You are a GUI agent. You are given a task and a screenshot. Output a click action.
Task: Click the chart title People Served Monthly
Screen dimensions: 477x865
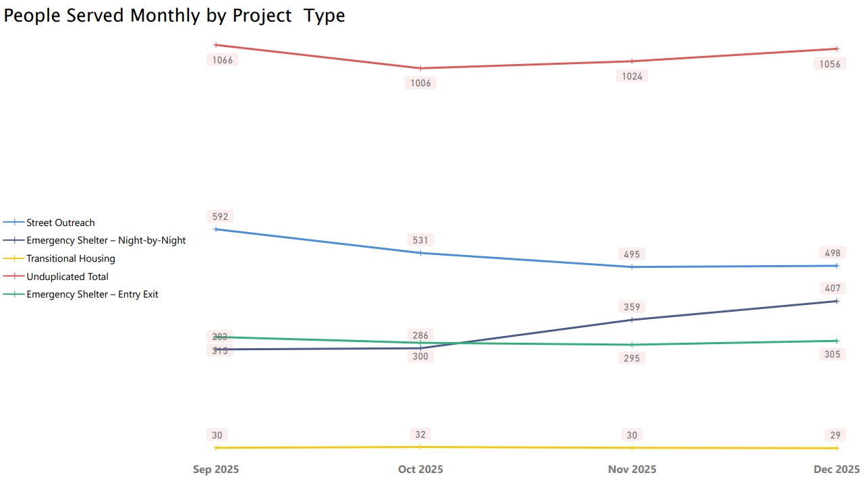pos(174,16)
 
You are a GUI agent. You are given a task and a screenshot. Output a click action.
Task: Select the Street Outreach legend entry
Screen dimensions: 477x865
pos(60,223)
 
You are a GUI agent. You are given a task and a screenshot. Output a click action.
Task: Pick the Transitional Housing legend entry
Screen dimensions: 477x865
pos(70,258)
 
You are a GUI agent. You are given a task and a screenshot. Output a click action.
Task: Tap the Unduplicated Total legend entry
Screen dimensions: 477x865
pos(67,277)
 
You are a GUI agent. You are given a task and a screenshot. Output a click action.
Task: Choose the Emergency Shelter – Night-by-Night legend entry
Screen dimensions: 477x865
pos(105,240)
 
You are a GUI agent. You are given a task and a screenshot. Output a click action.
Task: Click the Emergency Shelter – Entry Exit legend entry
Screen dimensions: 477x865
pos(92,294)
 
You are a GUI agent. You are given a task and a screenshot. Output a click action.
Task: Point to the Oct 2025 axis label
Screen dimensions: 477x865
pos(420,470)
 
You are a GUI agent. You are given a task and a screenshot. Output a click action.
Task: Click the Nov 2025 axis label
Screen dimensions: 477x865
pos(632,470)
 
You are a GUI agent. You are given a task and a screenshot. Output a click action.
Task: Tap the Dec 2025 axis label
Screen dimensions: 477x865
pos(837,470)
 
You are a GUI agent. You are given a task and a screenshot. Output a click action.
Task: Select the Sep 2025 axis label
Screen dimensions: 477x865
pos(216,470)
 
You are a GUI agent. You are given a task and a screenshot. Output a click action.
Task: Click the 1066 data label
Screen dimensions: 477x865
pos(222,60)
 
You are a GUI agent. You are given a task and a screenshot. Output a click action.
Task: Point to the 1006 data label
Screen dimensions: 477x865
pos(420,83)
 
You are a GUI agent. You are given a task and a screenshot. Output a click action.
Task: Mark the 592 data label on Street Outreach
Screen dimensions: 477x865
pos(220,217)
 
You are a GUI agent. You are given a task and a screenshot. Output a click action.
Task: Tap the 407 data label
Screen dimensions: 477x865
pos(833,288)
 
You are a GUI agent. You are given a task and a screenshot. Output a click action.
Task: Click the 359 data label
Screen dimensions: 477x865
pos(632,307)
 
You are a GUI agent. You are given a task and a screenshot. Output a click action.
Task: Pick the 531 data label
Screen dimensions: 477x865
pos(420,240)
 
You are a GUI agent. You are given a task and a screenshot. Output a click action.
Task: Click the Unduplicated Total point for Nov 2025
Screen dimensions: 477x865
pos(632,61)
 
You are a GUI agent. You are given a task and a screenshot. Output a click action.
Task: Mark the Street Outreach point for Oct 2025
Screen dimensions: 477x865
pos(420,253)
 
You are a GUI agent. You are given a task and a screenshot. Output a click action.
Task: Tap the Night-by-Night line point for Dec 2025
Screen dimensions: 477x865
pos(837,301)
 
